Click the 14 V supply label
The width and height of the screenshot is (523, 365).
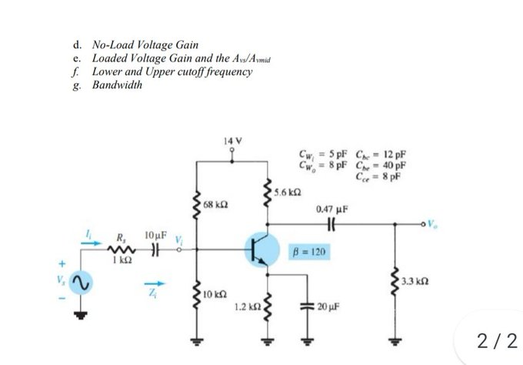(x=232, y=141)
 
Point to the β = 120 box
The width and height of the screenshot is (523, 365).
(x=311, y=252)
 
